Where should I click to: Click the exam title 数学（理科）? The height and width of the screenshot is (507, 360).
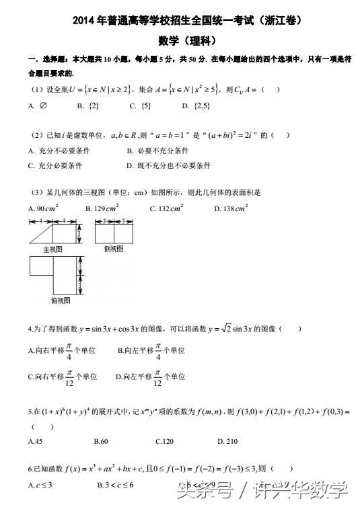180,40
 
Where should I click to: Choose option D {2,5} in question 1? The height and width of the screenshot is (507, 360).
192,106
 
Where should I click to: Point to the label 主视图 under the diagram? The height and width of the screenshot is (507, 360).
52,249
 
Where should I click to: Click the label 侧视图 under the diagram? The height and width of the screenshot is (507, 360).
114,248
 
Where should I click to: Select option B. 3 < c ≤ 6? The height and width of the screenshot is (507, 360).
115,485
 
